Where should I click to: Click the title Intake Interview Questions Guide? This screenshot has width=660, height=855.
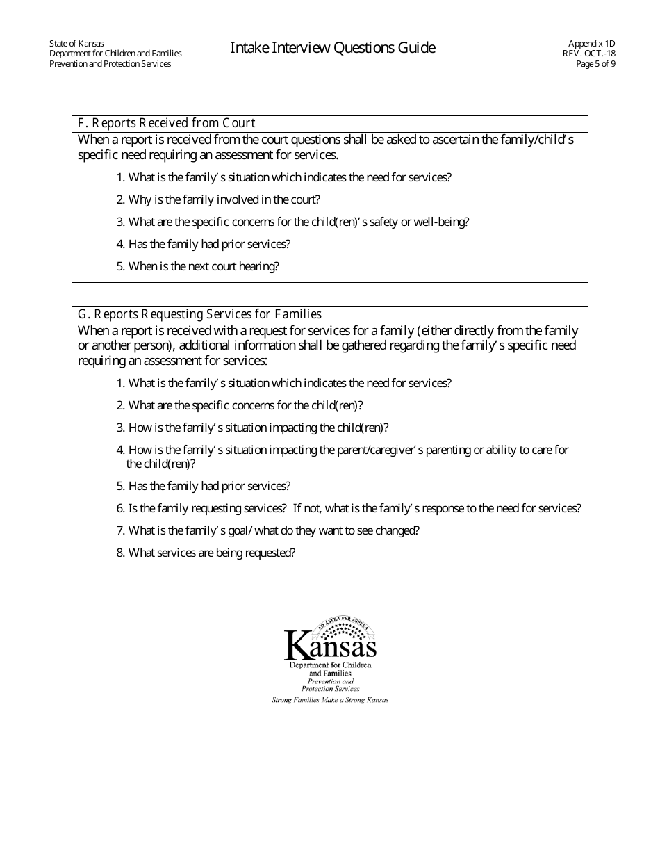coord(333,48)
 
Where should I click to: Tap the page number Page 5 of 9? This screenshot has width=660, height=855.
coord(595,64)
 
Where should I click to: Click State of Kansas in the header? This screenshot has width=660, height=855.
coord(76,43)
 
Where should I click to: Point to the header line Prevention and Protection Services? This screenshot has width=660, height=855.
coord(110,64)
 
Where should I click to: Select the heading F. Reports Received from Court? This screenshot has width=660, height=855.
coord(166,124)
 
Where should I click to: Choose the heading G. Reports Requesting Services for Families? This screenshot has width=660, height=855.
coord(199,314)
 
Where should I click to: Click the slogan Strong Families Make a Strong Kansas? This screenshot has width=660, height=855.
coord(330,700)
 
